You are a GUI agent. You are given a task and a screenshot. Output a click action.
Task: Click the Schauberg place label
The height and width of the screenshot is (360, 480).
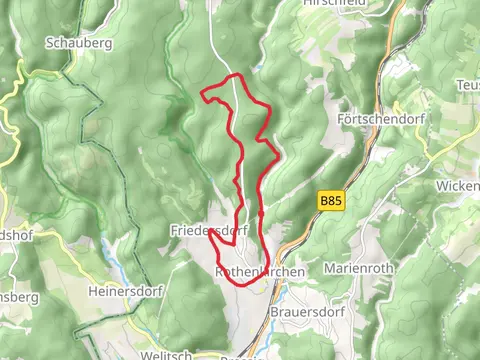(79, 43)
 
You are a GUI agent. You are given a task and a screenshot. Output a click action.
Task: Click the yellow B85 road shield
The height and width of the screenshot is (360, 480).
(331, 201)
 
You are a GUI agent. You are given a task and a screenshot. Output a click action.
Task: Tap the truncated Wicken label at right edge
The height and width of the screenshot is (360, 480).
(458, 186)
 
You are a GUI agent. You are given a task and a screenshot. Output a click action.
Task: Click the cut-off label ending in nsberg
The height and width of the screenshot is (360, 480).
(18, 297)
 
